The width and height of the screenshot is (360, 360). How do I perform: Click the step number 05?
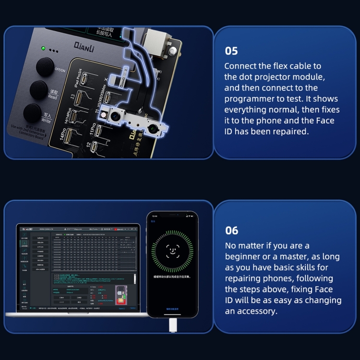(x=231, y=51)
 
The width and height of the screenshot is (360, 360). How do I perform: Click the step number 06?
(x=231, y=230)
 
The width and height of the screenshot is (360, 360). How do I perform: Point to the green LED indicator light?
(x=43, y=48)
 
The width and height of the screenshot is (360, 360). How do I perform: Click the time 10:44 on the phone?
(x=155, y=217)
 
